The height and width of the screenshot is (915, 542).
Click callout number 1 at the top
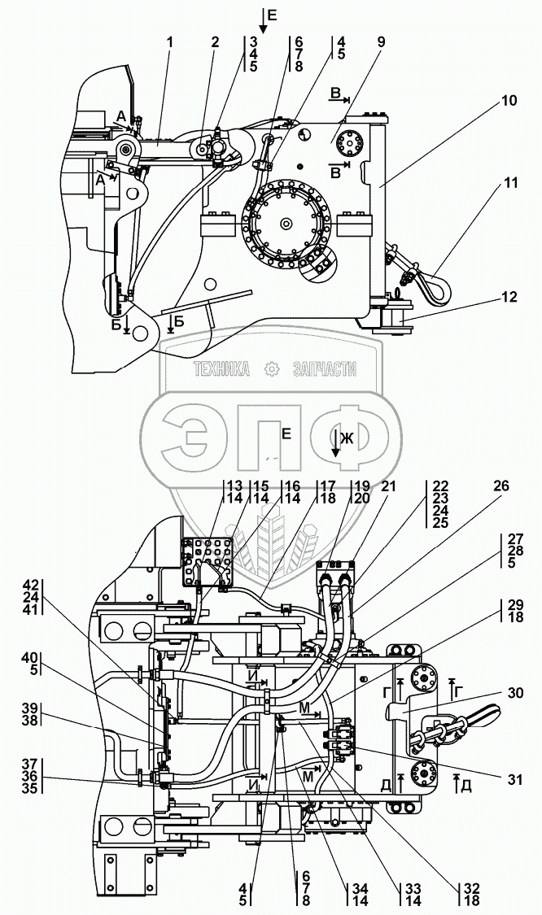pos(169,42)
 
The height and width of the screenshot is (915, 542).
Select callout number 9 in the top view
pos(381,42)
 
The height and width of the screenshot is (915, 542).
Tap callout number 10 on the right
pos(509,101)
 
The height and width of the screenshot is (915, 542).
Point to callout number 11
pos(511,183)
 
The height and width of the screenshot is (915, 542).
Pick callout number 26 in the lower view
pos(500,486)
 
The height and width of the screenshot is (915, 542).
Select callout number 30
pos(516,693)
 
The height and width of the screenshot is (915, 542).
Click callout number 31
pos(514,780)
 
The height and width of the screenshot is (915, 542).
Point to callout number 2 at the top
pos(216,42)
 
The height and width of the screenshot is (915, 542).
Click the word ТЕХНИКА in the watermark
pos(221,368)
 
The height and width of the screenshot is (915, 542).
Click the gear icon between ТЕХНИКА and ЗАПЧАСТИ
pos(270,368)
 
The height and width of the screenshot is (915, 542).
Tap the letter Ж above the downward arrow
pos(347,439)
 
